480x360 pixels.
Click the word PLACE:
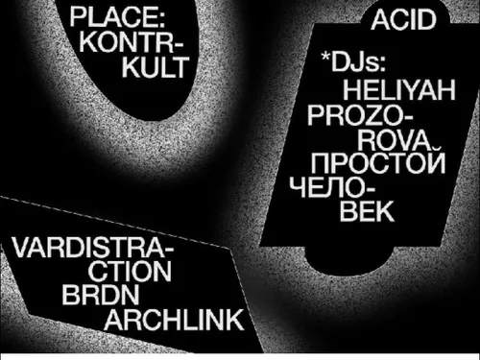pyautogui.click(x=117, y=17)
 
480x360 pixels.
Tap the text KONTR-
pyautogui.click(x=131, y=42)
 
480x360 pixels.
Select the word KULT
pyautogui.click(x=156, y=67)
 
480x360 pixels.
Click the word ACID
pyautogui.click(x=404, y=20)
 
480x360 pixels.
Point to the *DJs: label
pyautogui.click(x=353, y=61)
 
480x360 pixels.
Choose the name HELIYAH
pyautogui.click(x=399, y=90)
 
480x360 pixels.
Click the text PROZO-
pyautogui.click(x=360, y=115)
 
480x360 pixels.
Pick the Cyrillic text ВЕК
pyautogui.click(x=367, y=211)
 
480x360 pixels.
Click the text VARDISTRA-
pyautogui.click(x=92, y=248)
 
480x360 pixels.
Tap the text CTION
pyautogui.click(x=130, y=272)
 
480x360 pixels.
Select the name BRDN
pyautogui.click(x=101, y=295)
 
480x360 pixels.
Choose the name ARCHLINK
pyautogui.click(x=174, y=320)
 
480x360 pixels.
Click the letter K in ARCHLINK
pyautogui.click(x=235, y=320)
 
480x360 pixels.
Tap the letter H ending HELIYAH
pyautogui.click(x=446, y=90)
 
